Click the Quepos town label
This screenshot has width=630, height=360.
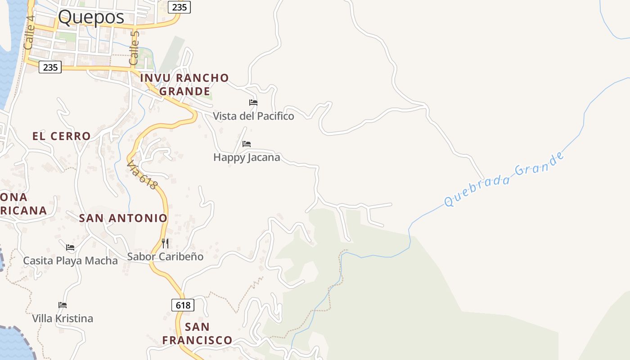91,18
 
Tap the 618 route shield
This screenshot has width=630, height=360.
183,305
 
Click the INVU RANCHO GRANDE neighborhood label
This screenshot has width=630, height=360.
184,85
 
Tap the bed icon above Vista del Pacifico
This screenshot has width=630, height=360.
253,103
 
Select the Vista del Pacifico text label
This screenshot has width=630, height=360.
253,116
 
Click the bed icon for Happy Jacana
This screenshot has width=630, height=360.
247,144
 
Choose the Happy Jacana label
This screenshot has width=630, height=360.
247,157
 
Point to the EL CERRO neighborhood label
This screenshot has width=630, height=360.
62,136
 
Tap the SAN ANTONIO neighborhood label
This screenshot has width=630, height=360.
123,218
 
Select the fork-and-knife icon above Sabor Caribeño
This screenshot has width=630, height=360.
165,243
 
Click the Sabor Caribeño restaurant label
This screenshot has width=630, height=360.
165,257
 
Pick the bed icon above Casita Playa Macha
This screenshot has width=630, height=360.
70,247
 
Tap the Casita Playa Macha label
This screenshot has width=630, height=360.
70,261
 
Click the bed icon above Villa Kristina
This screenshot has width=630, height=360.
63,305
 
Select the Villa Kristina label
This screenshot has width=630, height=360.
63,319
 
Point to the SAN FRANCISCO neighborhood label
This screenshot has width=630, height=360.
197,333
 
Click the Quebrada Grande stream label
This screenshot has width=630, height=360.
504,180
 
